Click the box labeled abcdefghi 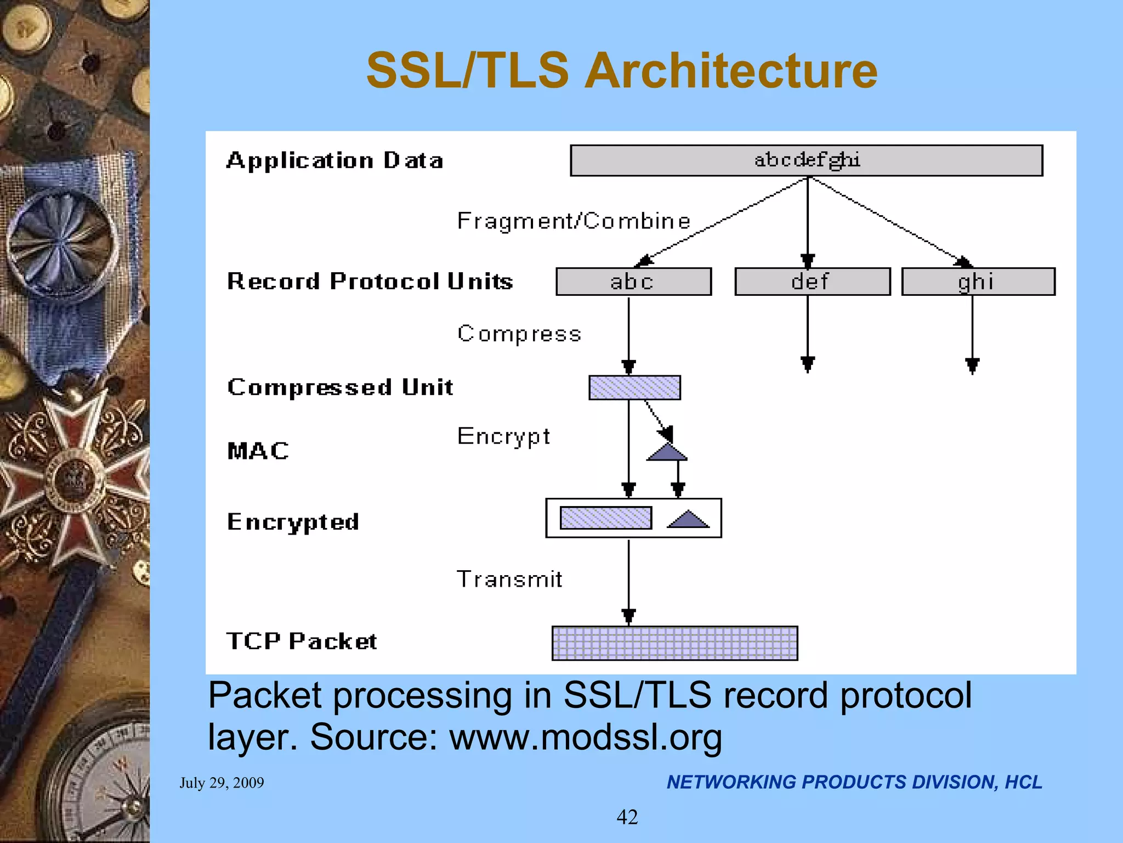(806, 160)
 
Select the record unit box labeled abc (633, 282)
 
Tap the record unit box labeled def (812, 282)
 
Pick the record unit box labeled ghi (978, 282)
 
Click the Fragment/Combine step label (574, 221)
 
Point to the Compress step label (519, 334)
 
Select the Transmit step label (509, 579)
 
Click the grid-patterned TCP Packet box (674, 643)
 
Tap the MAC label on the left (258, 451)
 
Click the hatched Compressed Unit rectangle (634, 387)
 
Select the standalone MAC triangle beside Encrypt (667, 453)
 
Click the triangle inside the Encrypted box (688, 520)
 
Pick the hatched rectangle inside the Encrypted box (605, 518)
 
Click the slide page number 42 (627, 817)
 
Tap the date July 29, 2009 (222, 783)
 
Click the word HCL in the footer (1023, 782)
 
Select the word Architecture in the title (730, 71)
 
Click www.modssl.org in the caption (586, 737)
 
